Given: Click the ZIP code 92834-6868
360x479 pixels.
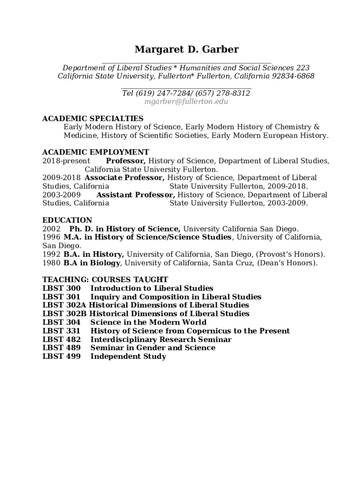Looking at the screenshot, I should tap(293, 76).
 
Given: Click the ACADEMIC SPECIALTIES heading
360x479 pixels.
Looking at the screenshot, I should tap(93, 118).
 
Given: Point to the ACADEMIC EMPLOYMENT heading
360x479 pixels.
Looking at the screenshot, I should tap(95, 152).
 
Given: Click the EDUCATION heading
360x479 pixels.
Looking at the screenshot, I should tap(67, 220).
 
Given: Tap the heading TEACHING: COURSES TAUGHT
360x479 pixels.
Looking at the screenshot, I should tap(105, 280).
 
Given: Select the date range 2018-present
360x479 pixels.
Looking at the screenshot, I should tap(66, 161).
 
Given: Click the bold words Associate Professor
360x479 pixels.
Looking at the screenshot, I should tap(124, 178).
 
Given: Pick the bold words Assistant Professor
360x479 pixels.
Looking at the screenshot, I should tap(136, 195).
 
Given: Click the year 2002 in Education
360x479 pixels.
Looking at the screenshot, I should tap(51, 229).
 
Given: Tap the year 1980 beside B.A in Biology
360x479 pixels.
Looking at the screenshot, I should tap(51, 263).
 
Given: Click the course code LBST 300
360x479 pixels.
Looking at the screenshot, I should tap(61, 288).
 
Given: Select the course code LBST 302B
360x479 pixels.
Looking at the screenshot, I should tap(65, 313).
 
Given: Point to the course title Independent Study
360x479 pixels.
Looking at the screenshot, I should tap(128, 356).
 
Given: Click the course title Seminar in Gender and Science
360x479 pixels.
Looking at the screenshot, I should tap(153, 348).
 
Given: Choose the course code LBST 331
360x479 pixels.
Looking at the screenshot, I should tap(61, 331).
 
